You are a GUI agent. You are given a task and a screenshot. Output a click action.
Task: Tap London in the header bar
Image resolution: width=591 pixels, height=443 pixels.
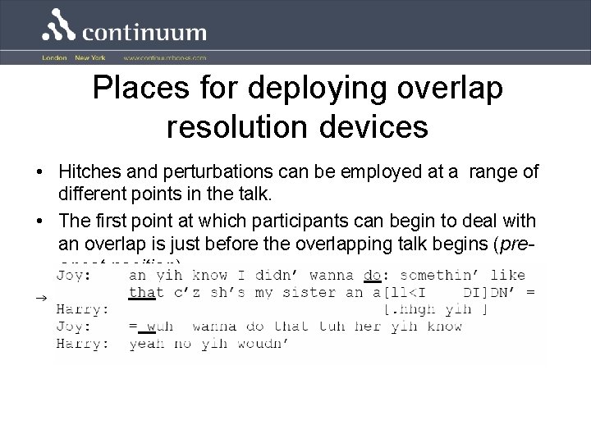click(x=54, y=58)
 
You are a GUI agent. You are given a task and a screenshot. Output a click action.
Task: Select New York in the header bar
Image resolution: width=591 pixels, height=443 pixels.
click(x=90, y=58)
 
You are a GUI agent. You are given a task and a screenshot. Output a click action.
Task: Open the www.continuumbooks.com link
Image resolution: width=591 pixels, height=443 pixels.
click(x=165, y=58)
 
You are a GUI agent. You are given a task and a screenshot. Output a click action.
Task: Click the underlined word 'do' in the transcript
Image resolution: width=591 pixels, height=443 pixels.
click(x=371, y=276)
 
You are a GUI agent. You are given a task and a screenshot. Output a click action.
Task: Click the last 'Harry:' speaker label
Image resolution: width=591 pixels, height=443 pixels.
click(x=81, y=343)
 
